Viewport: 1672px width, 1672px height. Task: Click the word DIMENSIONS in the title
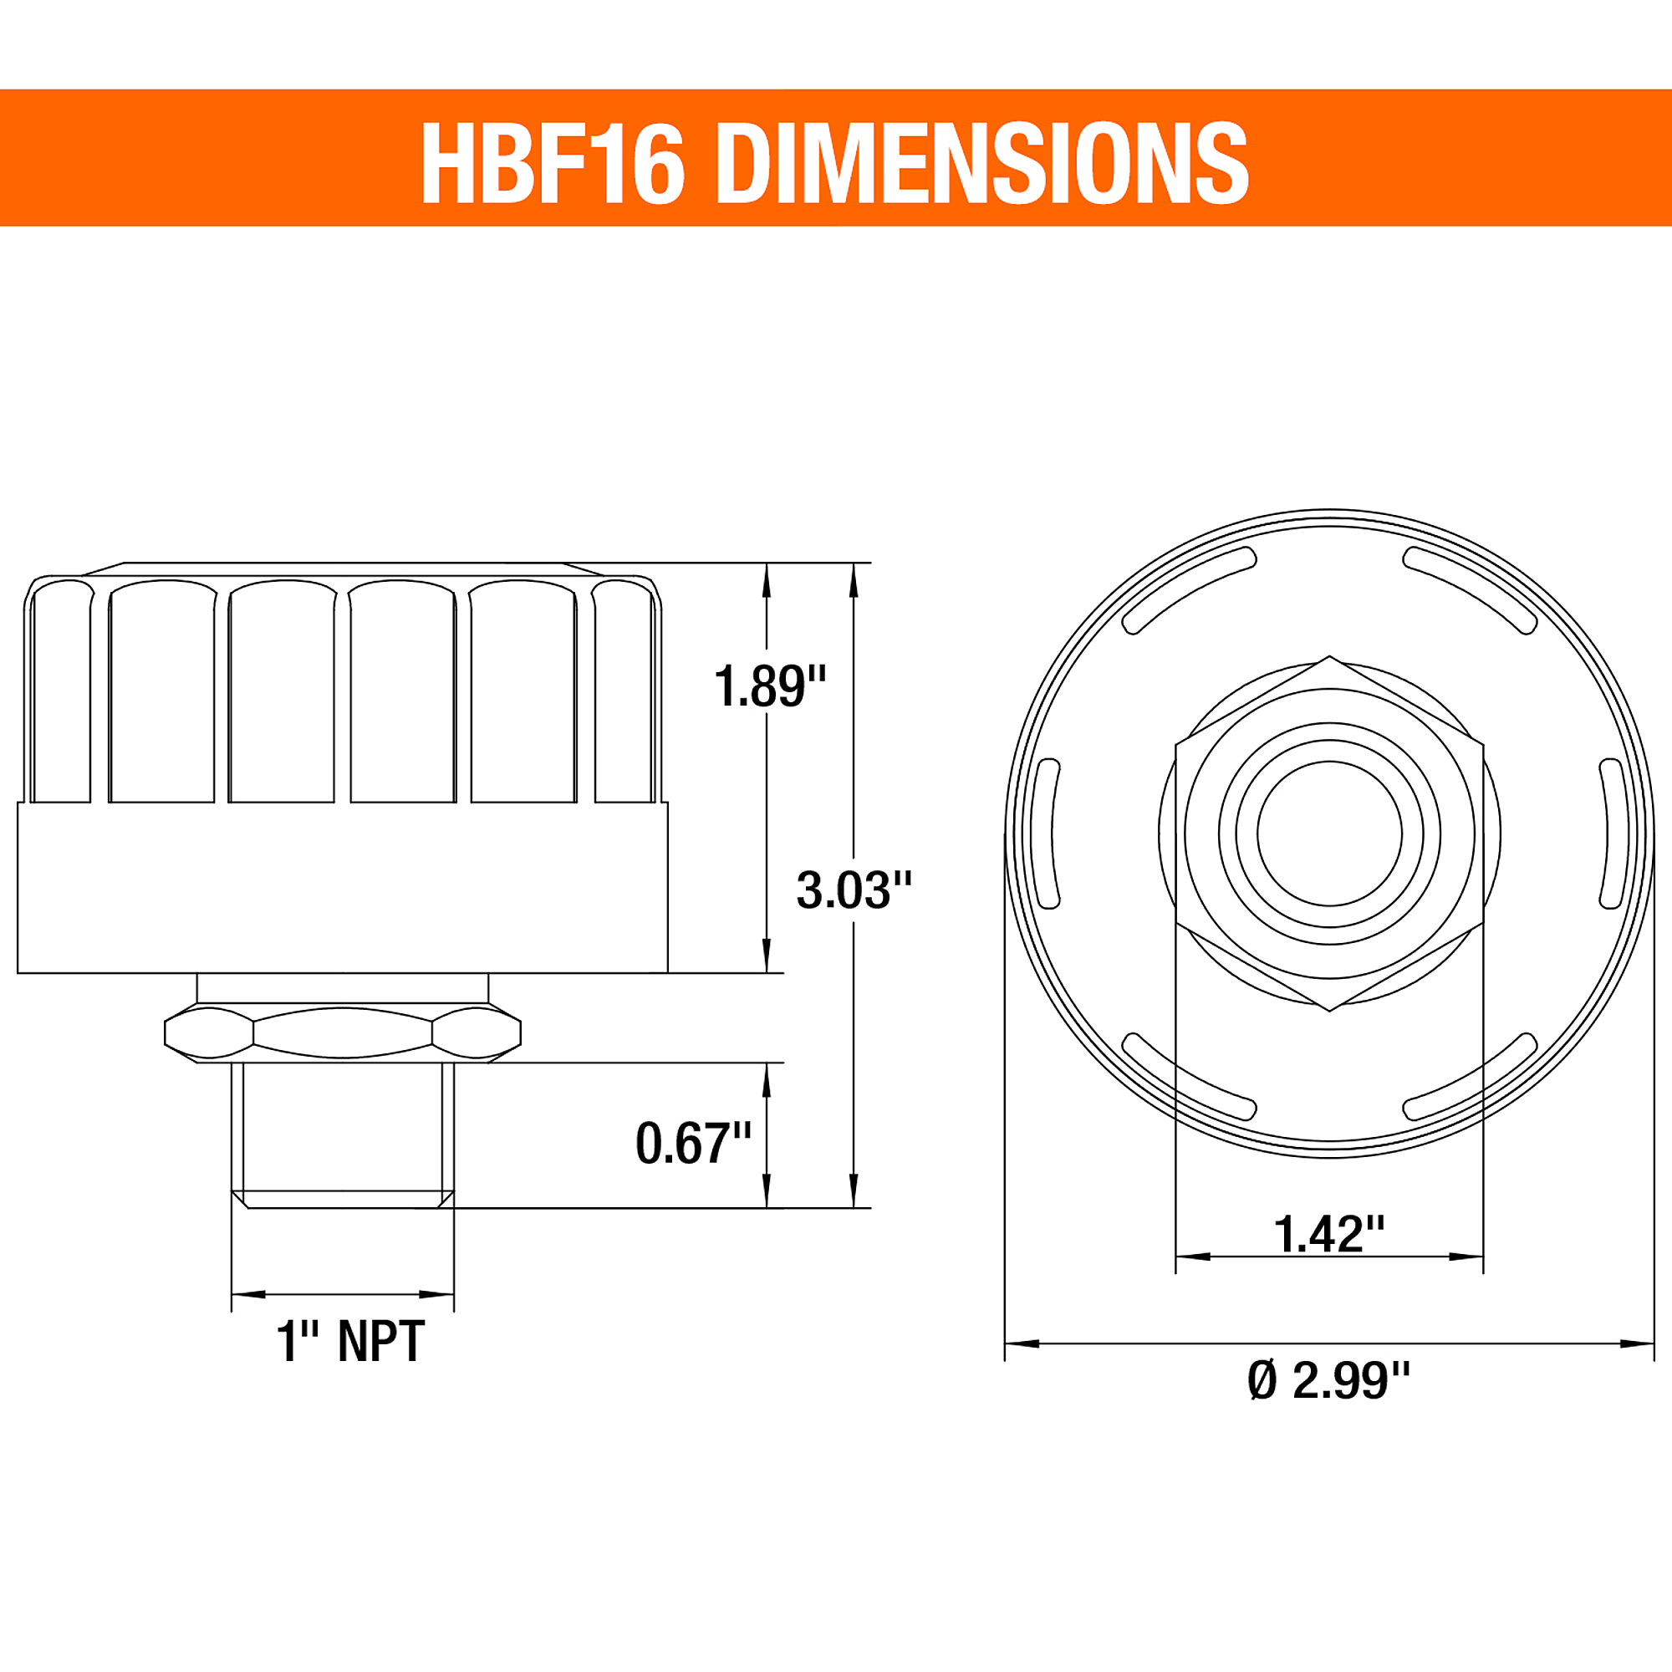[983, 162]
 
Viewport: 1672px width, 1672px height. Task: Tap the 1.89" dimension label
[770, 686]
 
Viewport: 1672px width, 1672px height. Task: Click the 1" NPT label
[350, 1342]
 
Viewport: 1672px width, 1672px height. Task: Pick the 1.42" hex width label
[1329, 1233]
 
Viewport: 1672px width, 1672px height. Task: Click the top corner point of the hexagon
[1329, 656]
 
